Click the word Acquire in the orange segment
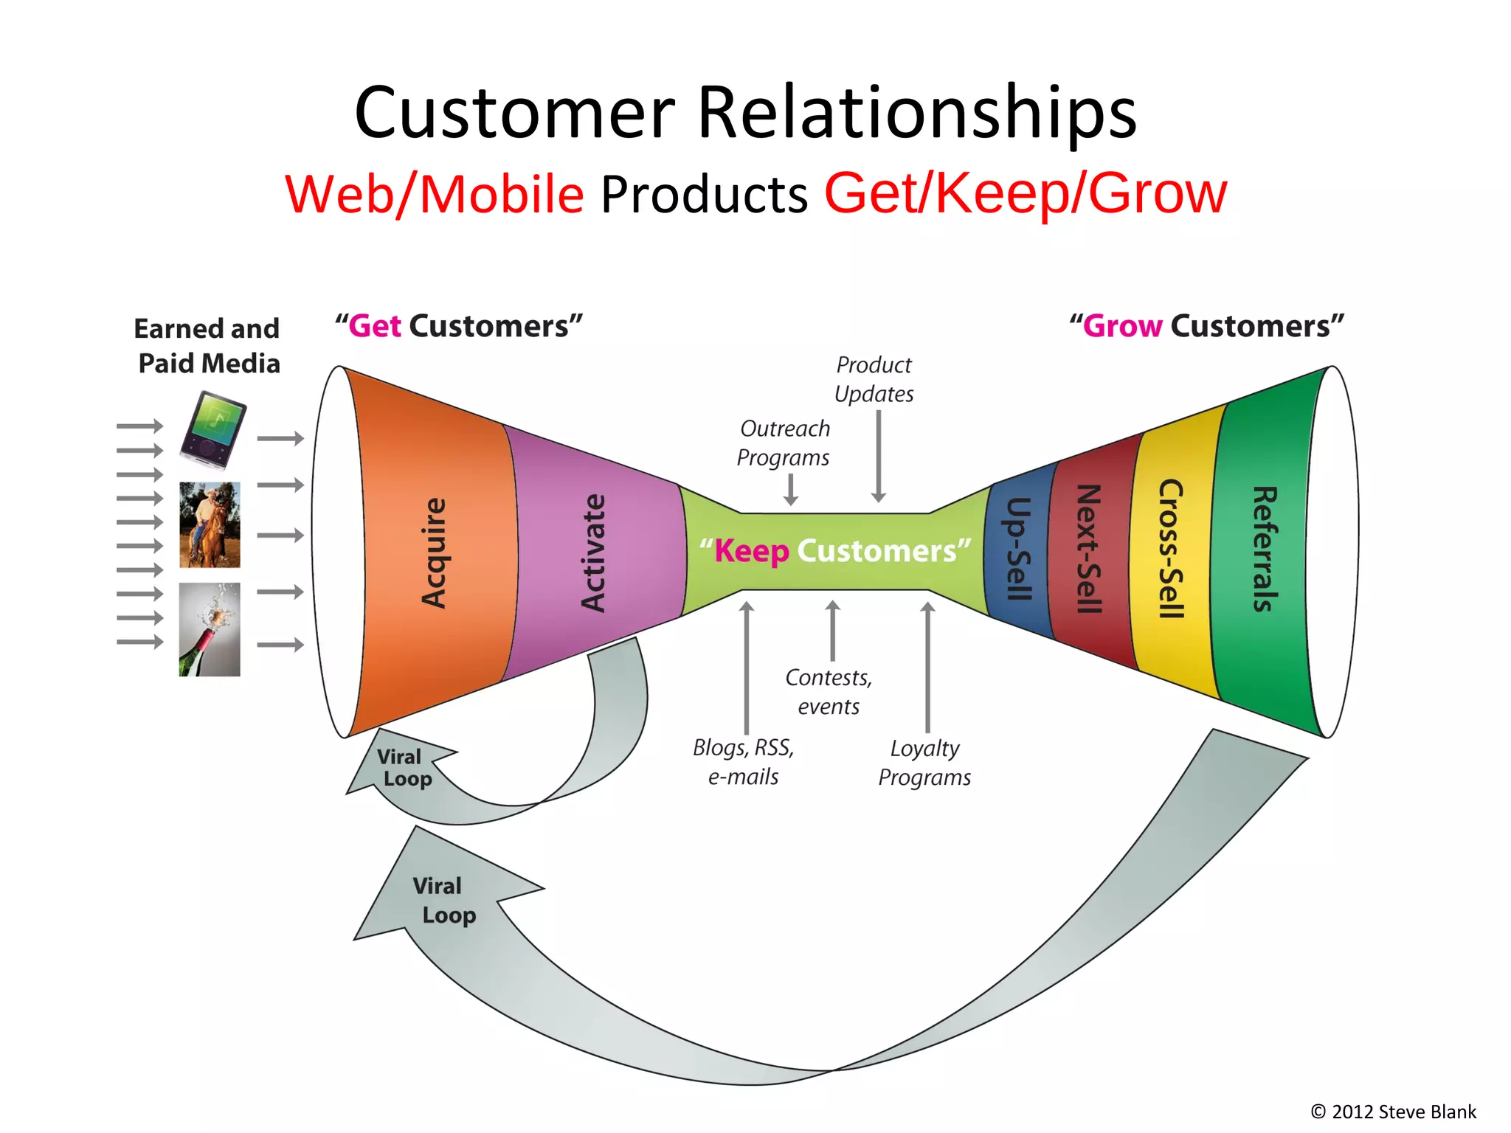(434, 553)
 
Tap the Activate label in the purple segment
(592, 553)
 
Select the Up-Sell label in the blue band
(1018, 549)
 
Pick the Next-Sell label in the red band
(1089, 549)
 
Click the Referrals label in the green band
(1265, 549)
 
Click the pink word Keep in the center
(751, 551)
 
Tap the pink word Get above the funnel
(375, 326)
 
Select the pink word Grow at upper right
(1122, 326)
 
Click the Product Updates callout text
(874, 379)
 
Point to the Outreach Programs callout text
(784, 443)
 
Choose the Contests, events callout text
(828, 692)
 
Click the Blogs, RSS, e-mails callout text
(743, 762)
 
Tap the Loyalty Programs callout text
(924, 763)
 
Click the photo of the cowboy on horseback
(210, 524)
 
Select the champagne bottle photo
(210, 629)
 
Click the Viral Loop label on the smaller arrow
(404, 768)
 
